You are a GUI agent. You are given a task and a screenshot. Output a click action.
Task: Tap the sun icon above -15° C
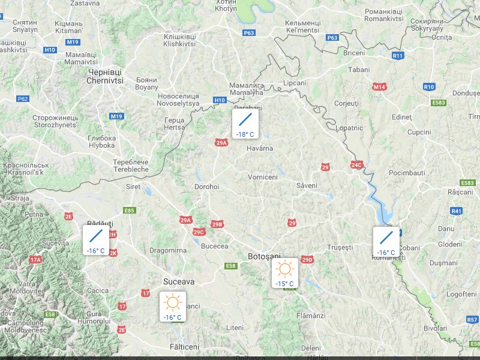(284, 268)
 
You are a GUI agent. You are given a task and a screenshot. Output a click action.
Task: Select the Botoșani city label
(265, 257)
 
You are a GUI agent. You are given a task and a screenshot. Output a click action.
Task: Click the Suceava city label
(179, 281)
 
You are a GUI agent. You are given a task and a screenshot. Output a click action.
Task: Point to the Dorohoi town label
(207, 187)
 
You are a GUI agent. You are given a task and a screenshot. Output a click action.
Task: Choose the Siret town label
(133, 187)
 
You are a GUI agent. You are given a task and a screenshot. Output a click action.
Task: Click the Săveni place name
(306, 185)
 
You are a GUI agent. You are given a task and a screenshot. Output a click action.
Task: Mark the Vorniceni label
(263, 177)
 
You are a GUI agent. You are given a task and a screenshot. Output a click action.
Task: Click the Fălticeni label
(184, 347)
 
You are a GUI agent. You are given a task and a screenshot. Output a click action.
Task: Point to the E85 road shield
(129, 211)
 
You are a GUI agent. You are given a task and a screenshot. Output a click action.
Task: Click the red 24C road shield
(356, 164)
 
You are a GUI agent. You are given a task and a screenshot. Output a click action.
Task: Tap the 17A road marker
(35, 260)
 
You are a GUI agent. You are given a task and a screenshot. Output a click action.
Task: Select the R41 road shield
(457, 211)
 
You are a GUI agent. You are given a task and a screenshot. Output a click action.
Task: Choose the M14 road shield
(379, 87)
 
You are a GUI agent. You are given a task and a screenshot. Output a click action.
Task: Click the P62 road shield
(23, 98)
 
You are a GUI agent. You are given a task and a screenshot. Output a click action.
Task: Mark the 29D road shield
(307, 260)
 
